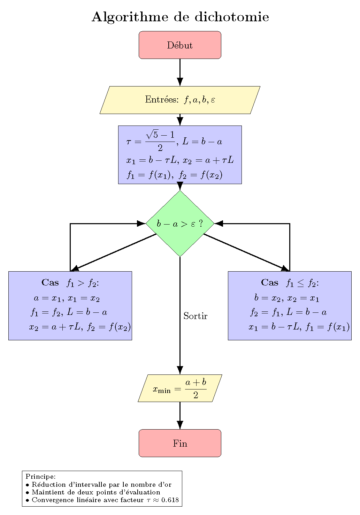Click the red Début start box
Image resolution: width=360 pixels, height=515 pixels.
[180, 45]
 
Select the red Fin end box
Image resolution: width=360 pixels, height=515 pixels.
[180, 443]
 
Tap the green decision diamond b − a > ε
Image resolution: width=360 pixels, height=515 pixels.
[180, 224]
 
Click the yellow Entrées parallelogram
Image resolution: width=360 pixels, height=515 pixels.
[180, 100]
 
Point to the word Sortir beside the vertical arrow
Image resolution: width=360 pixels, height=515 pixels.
[195, 316]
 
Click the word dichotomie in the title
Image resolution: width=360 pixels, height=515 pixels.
[232, 17]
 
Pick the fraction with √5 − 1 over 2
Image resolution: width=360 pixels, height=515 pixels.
[160, 141]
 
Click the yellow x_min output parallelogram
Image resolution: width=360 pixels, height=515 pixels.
[180, 388]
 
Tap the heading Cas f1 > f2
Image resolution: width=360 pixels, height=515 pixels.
[70, 283]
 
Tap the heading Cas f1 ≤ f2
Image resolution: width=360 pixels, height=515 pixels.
[290, 283]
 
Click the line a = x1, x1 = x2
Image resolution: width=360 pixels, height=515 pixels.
[67, 298]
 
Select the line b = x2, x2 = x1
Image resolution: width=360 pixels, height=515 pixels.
[286, 298]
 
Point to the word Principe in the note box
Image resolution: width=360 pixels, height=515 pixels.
[40, 476]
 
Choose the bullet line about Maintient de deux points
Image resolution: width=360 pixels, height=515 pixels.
[96, 492]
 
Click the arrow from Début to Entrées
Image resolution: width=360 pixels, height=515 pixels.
[180, 72]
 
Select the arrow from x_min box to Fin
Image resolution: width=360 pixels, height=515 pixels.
[180, 415]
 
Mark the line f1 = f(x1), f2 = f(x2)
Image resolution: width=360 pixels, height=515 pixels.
[175, 175]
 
